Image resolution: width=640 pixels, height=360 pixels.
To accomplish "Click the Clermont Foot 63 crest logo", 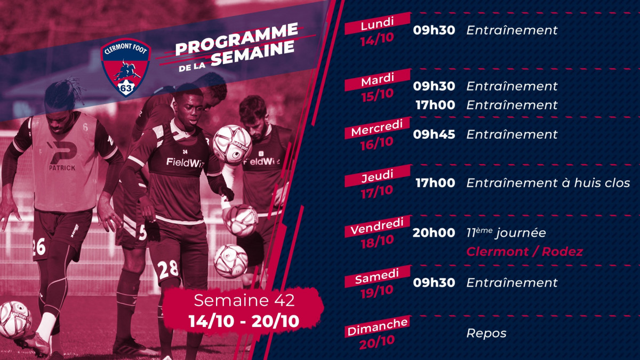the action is click(126, 67).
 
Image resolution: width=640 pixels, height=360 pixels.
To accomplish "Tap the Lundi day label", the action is click(377, 23).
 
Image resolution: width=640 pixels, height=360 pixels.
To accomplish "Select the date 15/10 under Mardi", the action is click(377, 95).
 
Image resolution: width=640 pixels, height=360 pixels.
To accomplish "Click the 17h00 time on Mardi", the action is click(435, 105).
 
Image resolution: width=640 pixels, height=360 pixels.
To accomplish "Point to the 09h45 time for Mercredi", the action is click(434, 134).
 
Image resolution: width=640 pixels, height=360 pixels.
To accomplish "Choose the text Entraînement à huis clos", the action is click(548, 183).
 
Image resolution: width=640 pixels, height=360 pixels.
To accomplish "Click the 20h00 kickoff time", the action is click(434, 233).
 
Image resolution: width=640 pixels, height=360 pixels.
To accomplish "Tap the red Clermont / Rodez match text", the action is click(525, 252).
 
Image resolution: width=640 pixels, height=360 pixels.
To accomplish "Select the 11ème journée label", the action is click(506, 233).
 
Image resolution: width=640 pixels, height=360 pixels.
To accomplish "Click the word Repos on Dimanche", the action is click(486, 333).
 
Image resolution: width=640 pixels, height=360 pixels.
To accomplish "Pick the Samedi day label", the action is click(377, 277).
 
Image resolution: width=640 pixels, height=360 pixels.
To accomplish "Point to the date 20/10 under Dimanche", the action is click(377, 342).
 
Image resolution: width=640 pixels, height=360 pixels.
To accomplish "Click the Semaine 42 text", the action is click(244, 300).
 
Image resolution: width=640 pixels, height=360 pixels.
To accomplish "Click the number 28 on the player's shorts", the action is click(167, 269).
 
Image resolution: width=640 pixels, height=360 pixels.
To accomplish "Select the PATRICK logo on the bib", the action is click(62, 157).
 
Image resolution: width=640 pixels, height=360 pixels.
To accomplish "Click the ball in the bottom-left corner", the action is click(15, 319).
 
